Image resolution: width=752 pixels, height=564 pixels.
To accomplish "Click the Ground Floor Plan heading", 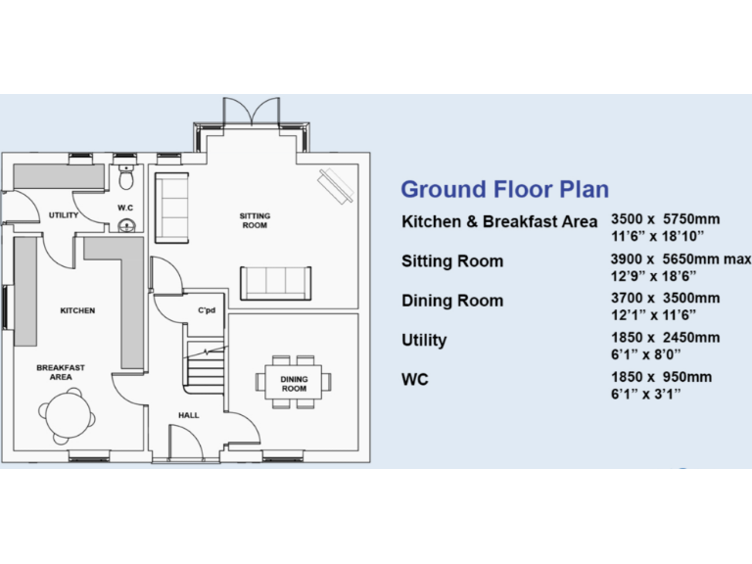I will click(504, 189).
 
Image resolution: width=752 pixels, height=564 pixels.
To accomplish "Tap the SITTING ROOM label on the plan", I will click(255, 220).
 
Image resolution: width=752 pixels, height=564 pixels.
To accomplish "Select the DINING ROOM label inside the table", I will click(294, 384).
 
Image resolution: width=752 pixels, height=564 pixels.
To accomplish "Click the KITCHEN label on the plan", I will click(77, 310).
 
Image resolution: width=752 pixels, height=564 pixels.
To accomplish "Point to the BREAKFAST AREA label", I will click(61, 372).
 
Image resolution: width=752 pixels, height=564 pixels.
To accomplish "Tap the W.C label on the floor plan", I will click(125, 208).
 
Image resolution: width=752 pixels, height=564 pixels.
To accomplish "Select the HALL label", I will click(189, 415).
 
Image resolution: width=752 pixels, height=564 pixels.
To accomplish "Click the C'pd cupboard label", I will click(207, 312).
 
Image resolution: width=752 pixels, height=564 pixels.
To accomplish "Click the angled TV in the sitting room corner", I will click(336, 184).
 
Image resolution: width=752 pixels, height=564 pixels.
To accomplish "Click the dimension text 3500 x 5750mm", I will click(665, 220).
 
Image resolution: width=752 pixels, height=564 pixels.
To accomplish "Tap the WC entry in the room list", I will click(416, 378).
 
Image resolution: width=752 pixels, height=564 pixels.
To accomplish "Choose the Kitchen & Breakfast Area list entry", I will click(499, 221).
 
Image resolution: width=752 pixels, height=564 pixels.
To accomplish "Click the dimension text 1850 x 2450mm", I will click(665, 338).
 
